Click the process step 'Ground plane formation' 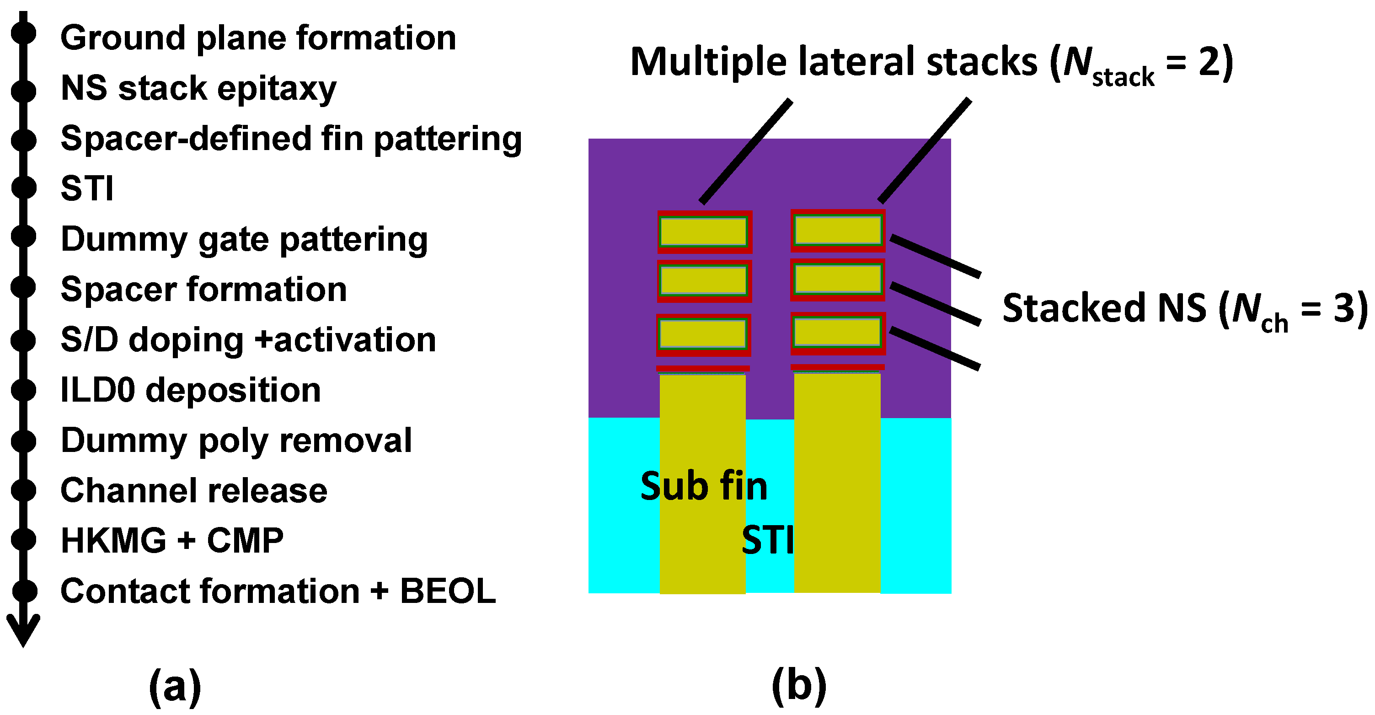pyautogui.click(x=258, y=38)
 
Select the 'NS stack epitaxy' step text pyautogui.click(x=198, y=88)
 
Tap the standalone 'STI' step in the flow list pyautogui.click(x=87, y=188)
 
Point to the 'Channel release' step pyautogui.click(x=194, y=490)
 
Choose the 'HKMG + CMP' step pyautogui.click(x=172, y=540)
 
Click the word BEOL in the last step pyautogui.click(x=448, y=591)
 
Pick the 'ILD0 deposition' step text pyautogui.click(x=191, y=390)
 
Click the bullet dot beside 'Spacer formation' pyautogui.click(x=23, y=287)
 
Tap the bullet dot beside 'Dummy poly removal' pyautogui.click(x=23, y=441)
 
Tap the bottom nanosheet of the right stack pyautogui.click(x=838, y=333)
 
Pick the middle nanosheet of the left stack pyautogui.click(x=704, y=281)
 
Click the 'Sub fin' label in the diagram pyautogui.click(x=704, y=486)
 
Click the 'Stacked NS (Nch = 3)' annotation pyautogui.click(x=1185, y=309)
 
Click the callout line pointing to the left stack pyautogui.click(x=746, y=151)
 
